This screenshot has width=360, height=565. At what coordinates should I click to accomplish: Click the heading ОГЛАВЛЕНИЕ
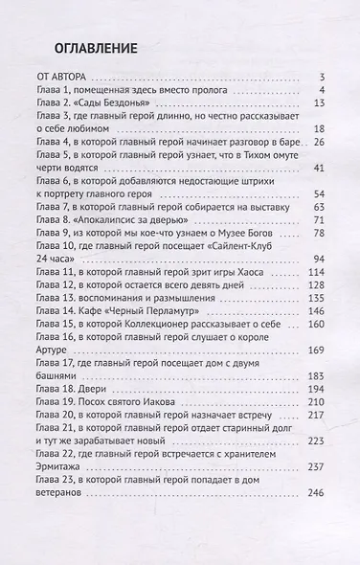(87, 47)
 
